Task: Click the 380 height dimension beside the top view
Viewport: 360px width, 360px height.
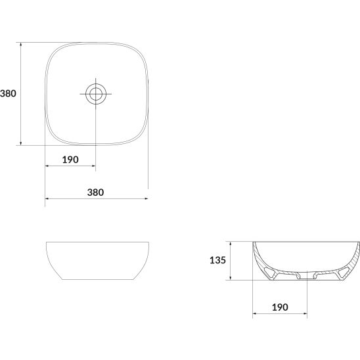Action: pos(8,93)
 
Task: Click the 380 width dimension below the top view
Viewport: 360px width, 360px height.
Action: pos(95,192)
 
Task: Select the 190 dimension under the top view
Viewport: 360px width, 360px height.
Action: pos(70,160)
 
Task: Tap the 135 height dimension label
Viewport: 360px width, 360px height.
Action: pos(217,260)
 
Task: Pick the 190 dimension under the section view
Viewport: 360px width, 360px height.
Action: pos(280,307)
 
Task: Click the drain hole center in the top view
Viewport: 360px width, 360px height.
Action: pos(95,94)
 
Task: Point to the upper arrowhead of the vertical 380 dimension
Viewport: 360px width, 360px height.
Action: pos(21,44)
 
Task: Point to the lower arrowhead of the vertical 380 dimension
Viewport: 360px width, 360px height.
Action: pos(21,143)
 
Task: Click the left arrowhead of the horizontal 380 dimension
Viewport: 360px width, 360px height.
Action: pos(47,198)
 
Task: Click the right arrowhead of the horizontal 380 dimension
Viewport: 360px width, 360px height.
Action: pos(146,198)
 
